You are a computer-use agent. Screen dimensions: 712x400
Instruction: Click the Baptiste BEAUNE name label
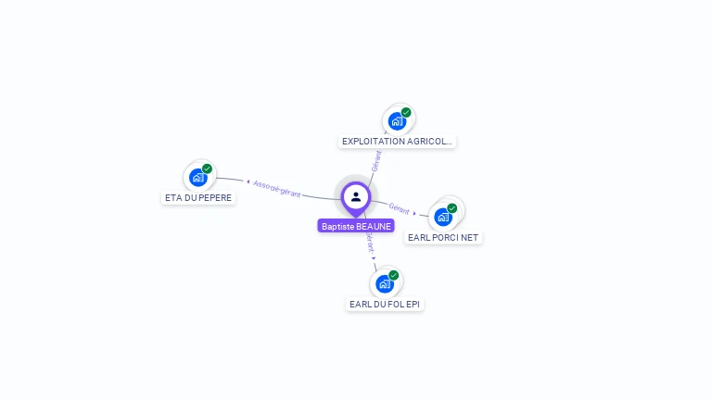[x=356, y=226]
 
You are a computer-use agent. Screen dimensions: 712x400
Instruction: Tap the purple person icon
[x=356, y=196]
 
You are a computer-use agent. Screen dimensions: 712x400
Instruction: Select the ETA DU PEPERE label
[x=198, y=197]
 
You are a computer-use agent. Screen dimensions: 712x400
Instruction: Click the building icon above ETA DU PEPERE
[x=197, y=177]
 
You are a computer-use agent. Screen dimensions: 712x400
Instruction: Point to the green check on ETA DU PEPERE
[x=207, y=169]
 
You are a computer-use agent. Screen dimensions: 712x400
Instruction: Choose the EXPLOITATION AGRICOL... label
[x=397, y=142]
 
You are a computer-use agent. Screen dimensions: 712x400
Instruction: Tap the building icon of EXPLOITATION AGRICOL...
[x=397, y=120]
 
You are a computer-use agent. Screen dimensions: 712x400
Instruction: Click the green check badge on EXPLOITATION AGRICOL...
[x=406, y=112]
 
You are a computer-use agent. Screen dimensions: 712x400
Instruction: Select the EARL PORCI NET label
[x=443, y=237]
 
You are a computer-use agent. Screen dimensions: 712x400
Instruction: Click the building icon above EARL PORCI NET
[x=443, y=217]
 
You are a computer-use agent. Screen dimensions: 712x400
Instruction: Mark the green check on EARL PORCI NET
[x=452, y=208]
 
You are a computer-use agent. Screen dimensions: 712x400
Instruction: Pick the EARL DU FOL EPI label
[x=385, y=304]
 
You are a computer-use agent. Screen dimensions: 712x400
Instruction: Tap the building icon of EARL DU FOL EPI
[x=384, y=283]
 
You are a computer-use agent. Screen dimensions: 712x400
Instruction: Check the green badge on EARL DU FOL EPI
[x=393, y=275]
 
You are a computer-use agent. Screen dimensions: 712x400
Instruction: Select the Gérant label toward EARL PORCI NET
[x=400, y=208]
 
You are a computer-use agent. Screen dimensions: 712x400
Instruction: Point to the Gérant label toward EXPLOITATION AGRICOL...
[x=375, y=160]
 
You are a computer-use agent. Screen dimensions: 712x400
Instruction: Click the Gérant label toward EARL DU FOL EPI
[x=370, y=243]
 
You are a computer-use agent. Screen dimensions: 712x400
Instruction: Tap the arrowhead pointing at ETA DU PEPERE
[x=248, y=181]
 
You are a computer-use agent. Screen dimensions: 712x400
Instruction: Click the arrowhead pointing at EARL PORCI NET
[x=414, y=213]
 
